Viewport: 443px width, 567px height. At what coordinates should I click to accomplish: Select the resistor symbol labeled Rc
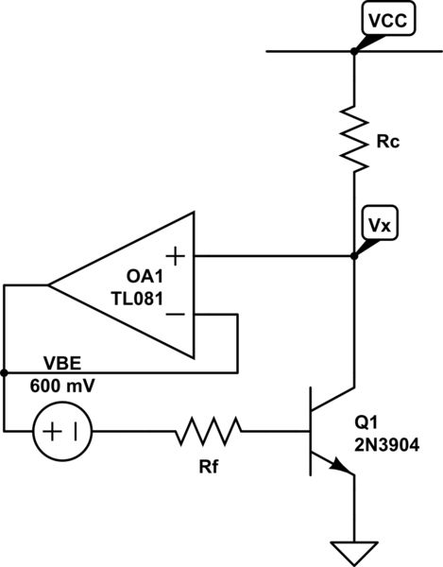click(x=354, y=139)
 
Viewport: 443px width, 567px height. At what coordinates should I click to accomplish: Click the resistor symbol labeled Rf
click(x=208, y=433)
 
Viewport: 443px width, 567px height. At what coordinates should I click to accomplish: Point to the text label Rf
click(x=209, y=464)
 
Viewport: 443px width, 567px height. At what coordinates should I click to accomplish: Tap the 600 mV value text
click(x=62, y=387)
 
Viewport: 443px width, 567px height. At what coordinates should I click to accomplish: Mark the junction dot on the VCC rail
click(x=354, y=50)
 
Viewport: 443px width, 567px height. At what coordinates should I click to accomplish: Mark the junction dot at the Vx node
click(x=354, y=255)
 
